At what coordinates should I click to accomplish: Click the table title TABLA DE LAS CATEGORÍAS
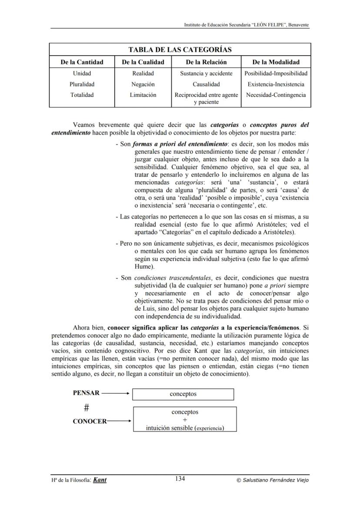pyautogui.click(x=180, y=50)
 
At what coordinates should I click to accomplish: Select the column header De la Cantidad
pyautogui.click(x=82, y=62)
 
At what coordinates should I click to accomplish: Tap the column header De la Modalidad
pyautogui.click(x=276, y=62)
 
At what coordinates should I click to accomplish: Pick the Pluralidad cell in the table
pyautogui.click(x=82, y=84)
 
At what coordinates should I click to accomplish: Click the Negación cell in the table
pyautogui.click(x=143, y=84)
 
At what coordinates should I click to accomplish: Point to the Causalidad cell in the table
pyautogui.click(x=206, y=84)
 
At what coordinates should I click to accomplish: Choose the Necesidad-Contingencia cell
pyautogui.click(x=276, y=95)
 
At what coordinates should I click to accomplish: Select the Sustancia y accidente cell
pyautogui.click(x=206, y=73)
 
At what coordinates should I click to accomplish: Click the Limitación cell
pyautogui.click(x=143, y=95)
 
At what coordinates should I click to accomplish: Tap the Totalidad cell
pyautogui.click(x=82, y=95)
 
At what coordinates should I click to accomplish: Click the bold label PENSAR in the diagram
pyautogui.click(x=86, y=393)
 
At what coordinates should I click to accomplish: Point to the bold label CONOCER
pyautogui.click(x=90, y=421)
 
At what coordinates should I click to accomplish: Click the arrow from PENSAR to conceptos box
pyautogui.click(x=116, y=393)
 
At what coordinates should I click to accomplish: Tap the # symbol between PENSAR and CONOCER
pyautogui.click(x=87, y=407)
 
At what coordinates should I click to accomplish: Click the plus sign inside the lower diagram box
pyautogui.click(x=185, y=420)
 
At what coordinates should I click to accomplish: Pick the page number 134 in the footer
pyautogui.click(x=180, y=479)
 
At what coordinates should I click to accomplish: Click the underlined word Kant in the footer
pyautogui.click(x=100, y=480)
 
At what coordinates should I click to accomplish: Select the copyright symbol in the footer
pyautogui.click(x=238, y=480)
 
